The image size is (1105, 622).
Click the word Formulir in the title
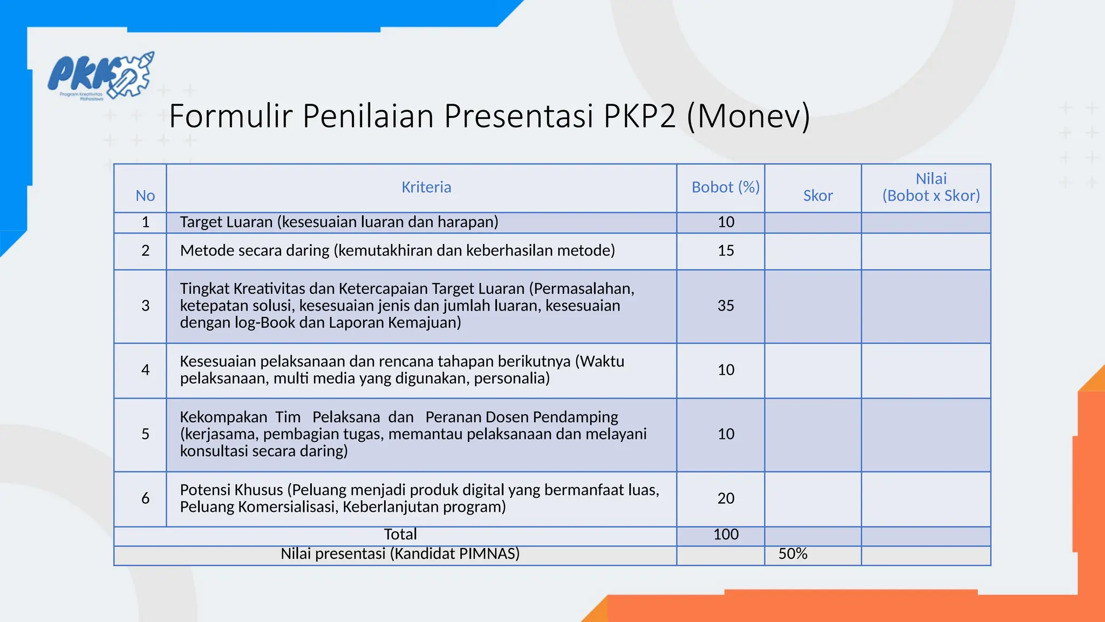click(230, 116)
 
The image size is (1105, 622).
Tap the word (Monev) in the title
click(748, 116)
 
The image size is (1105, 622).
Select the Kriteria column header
click(426, 187)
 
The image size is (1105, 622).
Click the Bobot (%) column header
click(725, 187)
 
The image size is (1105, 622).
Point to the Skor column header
click(817, 195)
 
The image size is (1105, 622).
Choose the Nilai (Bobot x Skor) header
click(931, 187)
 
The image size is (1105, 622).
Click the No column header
click(145, 195)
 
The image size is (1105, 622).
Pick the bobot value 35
click(726, 306)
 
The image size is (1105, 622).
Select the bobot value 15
click(726, 251)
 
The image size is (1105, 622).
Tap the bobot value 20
click(726, 498)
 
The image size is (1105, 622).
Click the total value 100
click(726, 535)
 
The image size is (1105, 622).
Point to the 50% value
click(793, 554)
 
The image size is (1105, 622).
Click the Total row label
click(400, 535)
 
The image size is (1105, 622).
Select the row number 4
click(145, 370)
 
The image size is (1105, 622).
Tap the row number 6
click(145, 498)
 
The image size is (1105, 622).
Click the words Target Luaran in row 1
click(226, 222)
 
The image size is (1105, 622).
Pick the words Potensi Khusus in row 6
click(231, 490)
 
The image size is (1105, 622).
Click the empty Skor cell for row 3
click(813, 306)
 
